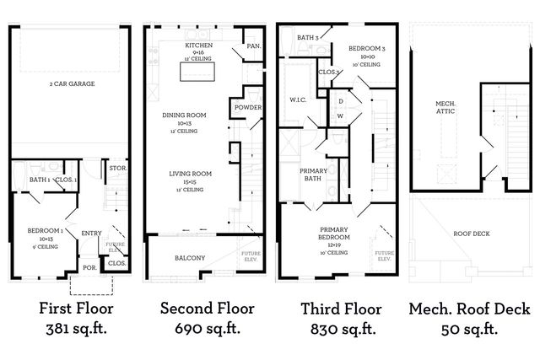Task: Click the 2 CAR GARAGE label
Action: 71,85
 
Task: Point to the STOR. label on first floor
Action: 116,169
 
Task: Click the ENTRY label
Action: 90,234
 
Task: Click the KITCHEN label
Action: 199,44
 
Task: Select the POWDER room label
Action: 248,107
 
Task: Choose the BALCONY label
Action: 190,257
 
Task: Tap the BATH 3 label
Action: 307,37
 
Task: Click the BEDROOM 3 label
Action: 367,49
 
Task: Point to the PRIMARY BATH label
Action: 314,175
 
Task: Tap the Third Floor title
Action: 335,309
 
